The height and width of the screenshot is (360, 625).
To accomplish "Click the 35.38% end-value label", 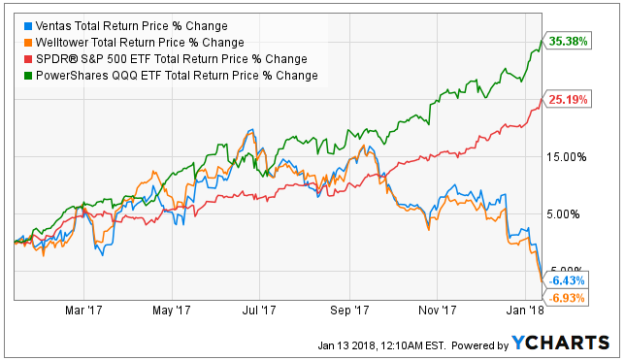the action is [567, 41].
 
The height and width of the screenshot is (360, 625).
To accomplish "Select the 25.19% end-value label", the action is [567, 99].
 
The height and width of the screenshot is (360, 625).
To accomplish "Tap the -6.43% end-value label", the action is [566, 280].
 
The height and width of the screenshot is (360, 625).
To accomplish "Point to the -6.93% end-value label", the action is [566, 298].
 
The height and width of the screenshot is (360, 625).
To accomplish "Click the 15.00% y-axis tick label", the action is [567, 157].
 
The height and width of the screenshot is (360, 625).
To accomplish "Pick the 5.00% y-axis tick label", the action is [563, 214].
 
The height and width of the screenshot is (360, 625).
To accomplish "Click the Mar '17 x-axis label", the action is [83, 311].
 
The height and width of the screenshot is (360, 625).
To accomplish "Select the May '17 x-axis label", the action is [172, 311].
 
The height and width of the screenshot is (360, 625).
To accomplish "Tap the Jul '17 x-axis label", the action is [259, 311].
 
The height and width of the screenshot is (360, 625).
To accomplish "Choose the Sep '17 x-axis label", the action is [349, 311].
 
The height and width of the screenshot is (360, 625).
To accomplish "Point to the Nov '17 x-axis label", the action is [438, 311].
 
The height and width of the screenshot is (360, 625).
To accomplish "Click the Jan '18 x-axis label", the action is [525, 311].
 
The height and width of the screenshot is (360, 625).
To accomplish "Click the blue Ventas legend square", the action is [28, 26].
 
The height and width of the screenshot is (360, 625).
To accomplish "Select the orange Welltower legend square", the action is [28, 43].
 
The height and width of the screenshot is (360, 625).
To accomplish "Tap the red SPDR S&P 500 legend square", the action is [28, 59].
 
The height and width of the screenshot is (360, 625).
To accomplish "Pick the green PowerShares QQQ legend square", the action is [28, 76].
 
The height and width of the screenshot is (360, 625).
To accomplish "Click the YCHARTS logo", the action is [560, 343].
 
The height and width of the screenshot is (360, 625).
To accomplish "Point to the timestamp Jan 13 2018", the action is [346, 345].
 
